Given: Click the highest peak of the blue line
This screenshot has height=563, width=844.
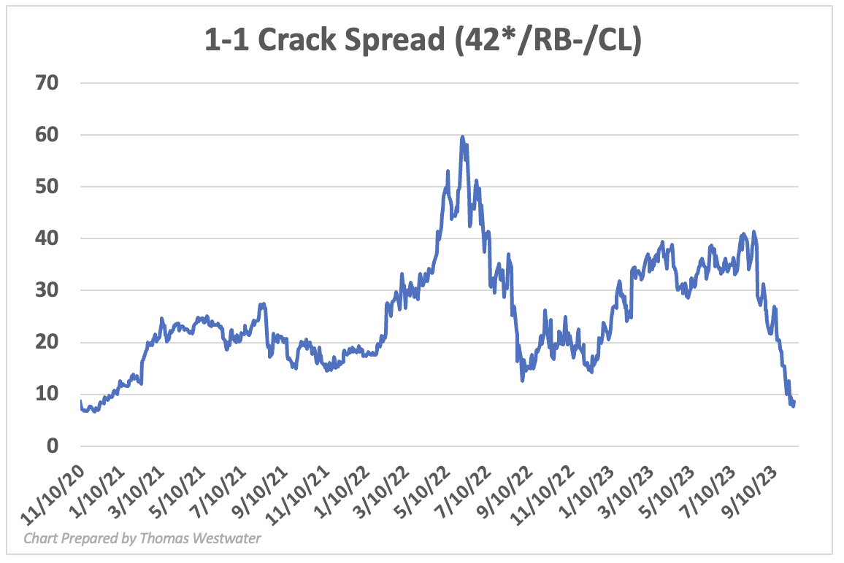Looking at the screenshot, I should tap(462, 136).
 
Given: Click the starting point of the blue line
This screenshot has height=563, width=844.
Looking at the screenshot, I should tap(80, 401).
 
